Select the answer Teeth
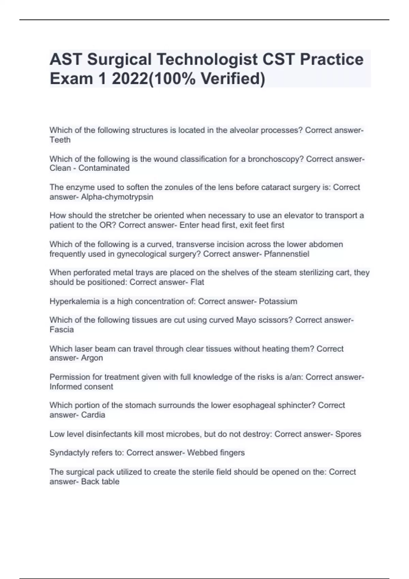pyautogui.click(x=60, y=140)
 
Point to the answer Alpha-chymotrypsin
pyautogui.click(x=117, y=197)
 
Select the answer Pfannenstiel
pyautogui.click(x=287, y=254)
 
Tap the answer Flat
pyautogui.click(x=197, y=282)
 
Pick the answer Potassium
pyautogui.click(x=278, y=301)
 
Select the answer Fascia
pyautogui.click(x=62, y=330)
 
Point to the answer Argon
pyautogui.click(x=92, y=358)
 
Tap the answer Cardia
pyautogui.click(x=93, y=415)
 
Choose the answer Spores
pyautogui.click(x=348, y=434)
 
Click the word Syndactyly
pyautogui.click(x=70, y=453)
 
